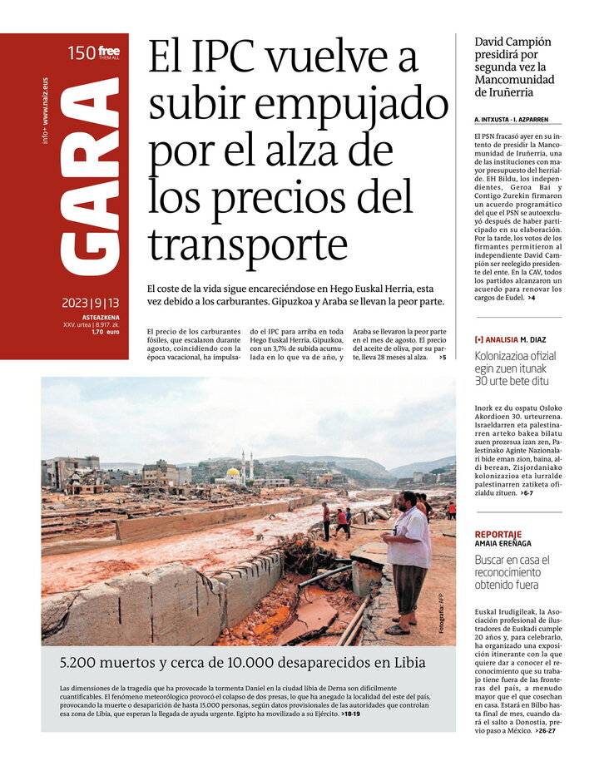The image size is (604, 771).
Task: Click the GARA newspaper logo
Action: pyautogui.click(x=90, y=178)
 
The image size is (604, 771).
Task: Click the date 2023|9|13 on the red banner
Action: pyautogui.click(x=90, y=303)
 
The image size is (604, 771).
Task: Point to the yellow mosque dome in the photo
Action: pyautogui.click(x=235, y=472)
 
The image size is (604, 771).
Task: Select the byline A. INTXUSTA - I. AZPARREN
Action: pyautogui.click(x=512, y=120)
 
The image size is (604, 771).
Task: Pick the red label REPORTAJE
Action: pyautogui.click(x=498, y=534)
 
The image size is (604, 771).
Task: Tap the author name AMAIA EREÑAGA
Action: pyautogui.click(x=503, y=544)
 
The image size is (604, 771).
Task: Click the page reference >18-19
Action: pyautogui.click(x=351, y=714)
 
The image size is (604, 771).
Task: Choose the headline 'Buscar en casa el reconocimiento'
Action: pyautogui.click(x=512, y=572)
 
